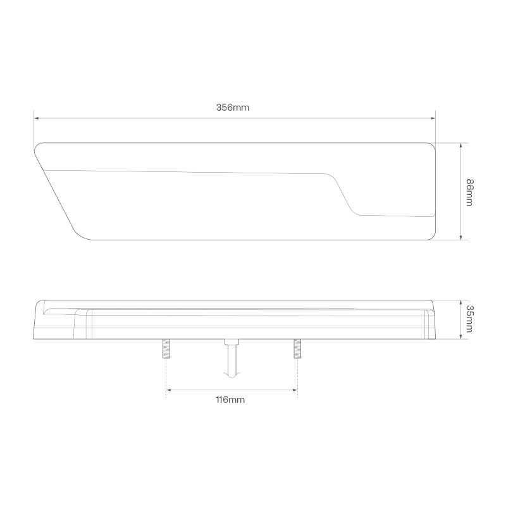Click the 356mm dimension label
point(233,108)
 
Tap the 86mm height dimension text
point(469,192)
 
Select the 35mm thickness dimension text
point(469,319)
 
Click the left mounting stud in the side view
point(166,349)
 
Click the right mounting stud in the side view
point(297,349)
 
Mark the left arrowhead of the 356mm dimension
point(37,118)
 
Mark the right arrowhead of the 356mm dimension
point(433,118)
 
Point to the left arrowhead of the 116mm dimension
point(169,390)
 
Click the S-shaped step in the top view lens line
point(342,194)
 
